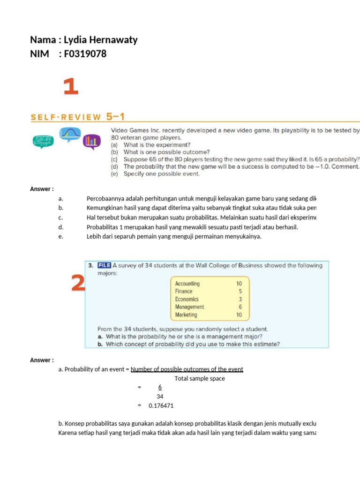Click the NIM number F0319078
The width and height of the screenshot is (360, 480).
(x=85, y=54)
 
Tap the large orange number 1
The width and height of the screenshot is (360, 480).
(x=70, y=87)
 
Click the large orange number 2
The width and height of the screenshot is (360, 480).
(x=78, y=283)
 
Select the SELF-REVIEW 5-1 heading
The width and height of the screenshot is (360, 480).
(x=77, y=117)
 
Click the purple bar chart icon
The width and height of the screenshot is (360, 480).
(x=91, y=141)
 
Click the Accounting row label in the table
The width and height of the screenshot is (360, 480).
(x=187, y=284)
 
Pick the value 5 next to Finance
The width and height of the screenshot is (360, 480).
(x=240, y=291)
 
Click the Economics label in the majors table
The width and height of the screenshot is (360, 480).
(x=187, y=299)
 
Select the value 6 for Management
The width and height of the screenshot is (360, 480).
(x=240, y=307)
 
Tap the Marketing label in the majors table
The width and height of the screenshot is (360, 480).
(x=186, y=315)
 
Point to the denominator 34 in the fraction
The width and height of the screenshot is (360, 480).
(x=160, y=396)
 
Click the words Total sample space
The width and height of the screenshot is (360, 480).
(x=200, y=378)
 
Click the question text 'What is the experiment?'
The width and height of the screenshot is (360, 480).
(x=157, y=145)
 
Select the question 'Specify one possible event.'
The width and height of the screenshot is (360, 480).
(x=161, y=173)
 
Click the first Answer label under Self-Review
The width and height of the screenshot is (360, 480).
(x=42, y=189)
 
